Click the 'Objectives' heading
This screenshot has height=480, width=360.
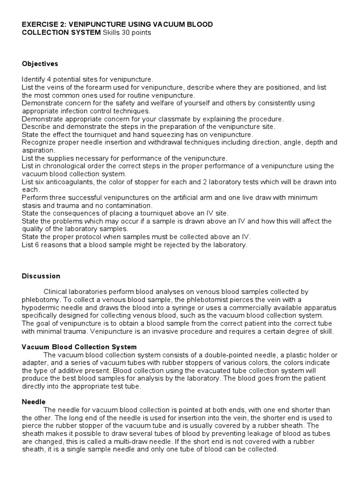point(40,64)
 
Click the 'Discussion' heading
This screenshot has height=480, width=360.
point(41,276)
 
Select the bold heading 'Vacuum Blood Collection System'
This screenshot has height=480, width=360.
point(79,347)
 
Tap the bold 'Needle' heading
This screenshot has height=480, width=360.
point(33,402)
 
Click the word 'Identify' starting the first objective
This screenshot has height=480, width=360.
point(34,79)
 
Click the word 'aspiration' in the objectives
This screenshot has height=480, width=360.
point(37,150)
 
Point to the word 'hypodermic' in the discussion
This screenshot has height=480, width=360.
point(39,307)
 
